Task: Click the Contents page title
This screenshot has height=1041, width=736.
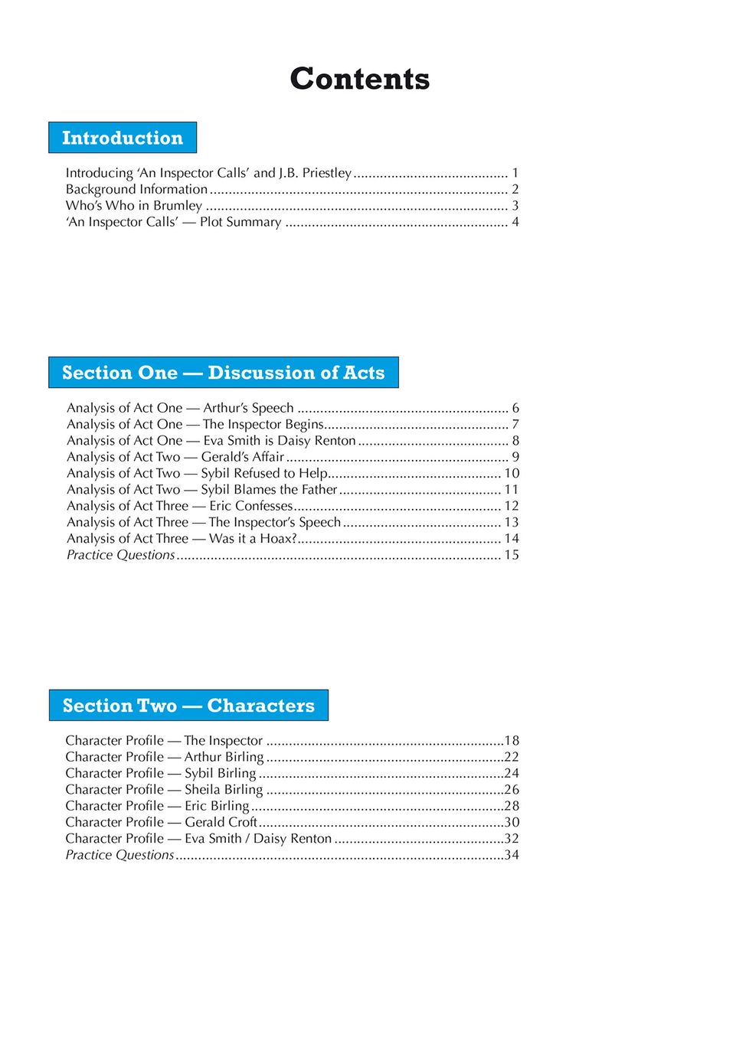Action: [x=359, y=79]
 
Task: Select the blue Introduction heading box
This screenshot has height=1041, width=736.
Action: [x=123, y=138]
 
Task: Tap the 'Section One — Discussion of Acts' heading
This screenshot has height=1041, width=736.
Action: [x=223, y=373]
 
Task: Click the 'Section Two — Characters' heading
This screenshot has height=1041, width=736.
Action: [x=188, y=706]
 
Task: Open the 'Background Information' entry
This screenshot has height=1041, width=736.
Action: [x=136, y=189]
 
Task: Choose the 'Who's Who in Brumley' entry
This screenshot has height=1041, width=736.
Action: [x=134, y=205]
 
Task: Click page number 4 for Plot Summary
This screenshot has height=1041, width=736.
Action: [x=515, y=222]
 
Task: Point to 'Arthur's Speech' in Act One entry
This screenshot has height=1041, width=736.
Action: [x=248, y=408]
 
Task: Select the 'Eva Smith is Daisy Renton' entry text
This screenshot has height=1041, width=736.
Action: [x=280, y=441]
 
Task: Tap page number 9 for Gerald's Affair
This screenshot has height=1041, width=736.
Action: [x=515, y=457]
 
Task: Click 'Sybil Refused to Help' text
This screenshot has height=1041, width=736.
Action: [x=264, y=473]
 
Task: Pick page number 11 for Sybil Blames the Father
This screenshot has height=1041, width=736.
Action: [x=511, y=490]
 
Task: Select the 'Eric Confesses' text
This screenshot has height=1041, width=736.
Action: [x=251, y=506]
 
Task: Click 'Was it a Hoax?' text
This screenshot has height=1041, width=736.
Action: [x=252, y=539]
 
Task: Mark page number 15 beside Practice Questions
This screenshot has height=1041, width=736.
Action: [x=511, y=555]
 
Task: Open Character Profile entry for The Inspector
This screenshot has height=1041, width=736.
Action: [x=164, y=741]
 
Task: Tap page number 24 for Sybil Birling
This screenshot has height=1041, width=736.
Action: [x=512, y=774]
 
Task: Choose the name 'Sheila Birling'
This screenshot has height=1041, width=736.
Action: [x=224, y=790]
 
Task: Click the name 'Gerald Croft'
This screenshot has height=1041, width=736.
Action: [x=221, y=822]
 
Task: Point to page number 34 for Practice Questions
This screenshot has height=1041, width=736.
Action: [x=512, y=855]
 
